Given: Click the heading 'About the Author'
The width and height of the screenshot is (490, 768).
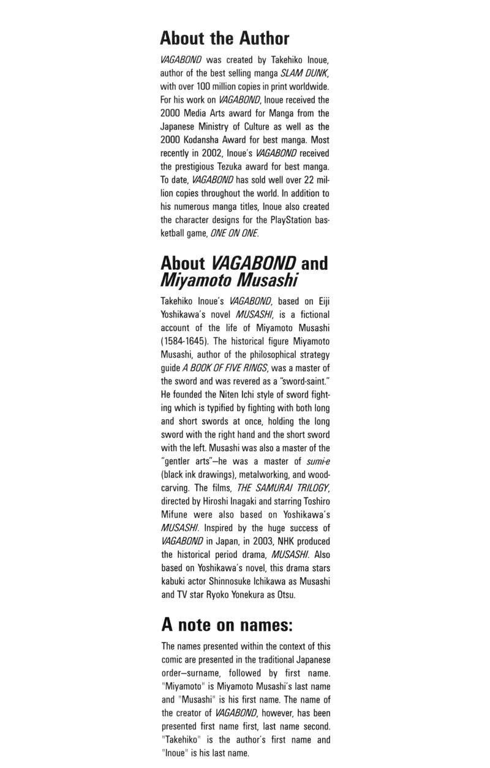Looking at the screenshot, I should click(224, 39).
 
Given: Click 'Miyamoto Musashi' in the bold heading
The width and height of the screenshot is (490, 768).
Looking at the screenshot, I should click(228, 280).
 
